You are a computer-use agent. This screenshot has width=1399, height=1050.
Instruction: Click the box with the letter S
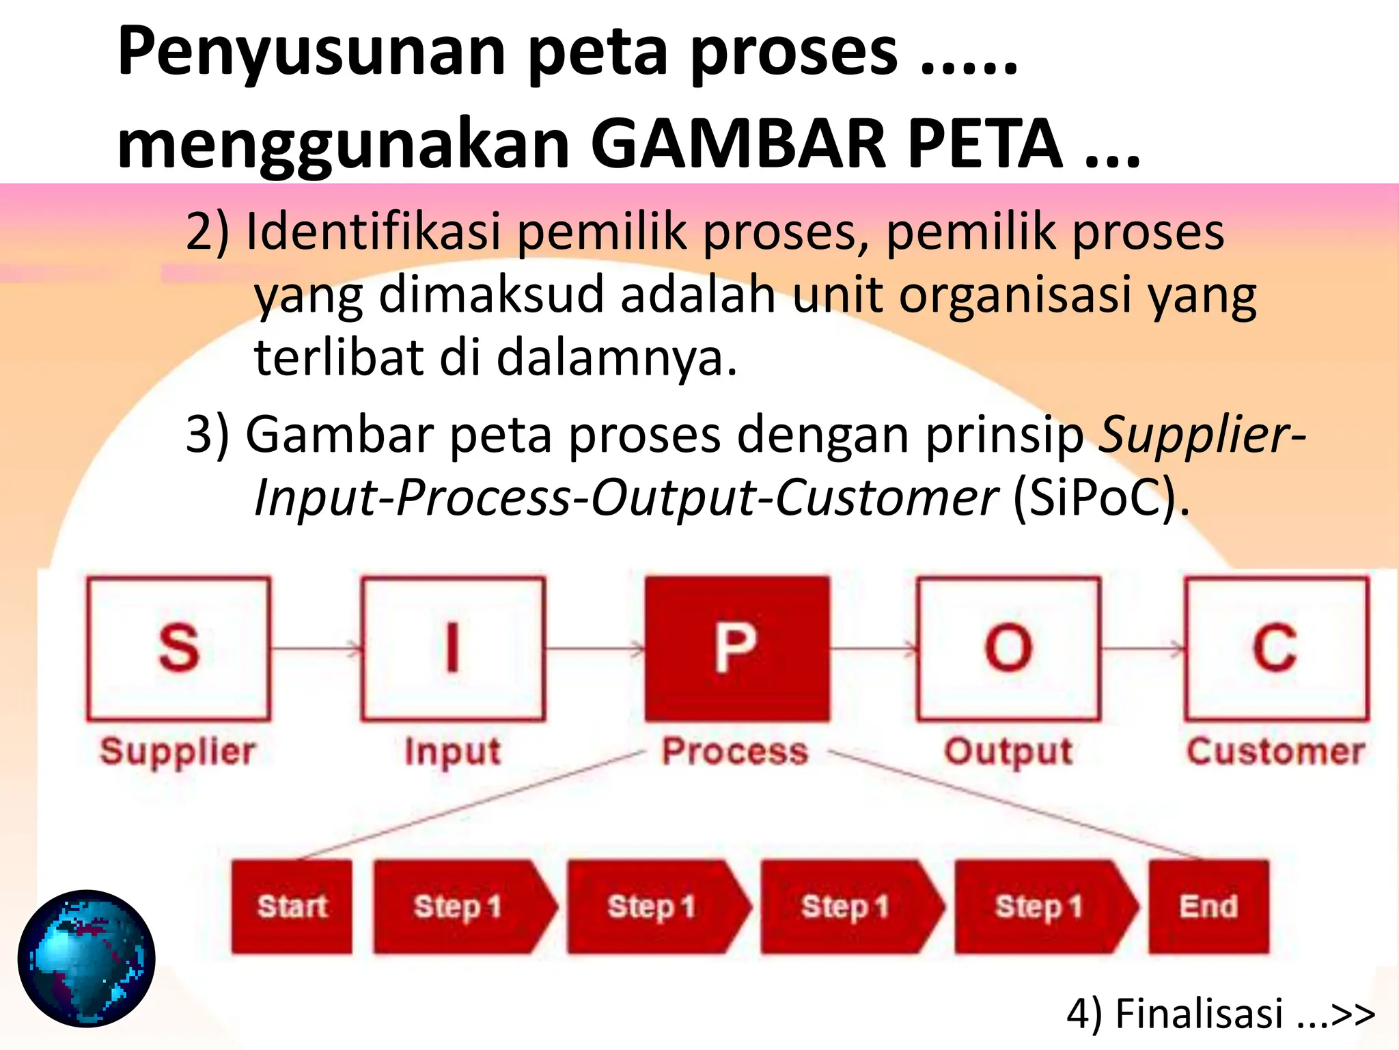point(179,649)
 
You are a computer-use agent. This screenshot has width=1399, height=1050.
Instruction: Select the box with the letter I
point(453,649)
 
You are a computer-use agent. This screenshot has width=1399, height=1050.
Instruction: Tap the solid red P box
point(737,649)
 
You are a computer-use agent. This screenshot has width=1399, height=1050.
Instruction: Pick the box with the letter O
point(1008,649)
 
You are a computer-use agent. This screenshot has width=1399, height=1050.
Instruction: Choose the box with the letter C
point(1276,649)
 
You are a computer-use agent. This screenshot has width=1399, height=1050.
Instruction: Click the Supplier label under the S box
point(178,751)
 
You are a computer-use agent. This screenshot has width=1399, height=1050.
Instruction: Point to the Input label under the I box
point(453,751)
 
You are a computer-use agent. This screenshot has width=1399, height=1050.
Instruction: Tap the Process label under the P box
point(736,751)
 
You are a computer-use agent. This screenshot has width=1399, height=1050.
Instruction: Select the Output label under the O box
point(1008,751)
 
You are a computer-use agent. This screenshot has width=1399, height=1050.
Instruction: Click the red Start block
point(292,906)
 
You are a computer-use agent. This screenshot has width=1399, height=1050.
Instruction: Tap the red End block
point(1208,906)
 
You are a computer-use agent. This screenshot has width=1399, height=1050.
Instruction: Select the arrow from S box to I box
point(316,648)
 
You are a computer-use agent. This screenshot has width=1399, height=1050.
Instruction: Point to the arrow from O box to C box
point(1143,648)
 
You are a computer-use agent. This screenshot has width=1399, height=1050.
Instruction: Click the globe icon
point(87,958)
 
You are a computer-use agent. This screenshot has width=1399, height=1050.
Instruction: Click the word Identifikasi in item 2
point(374,232)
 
